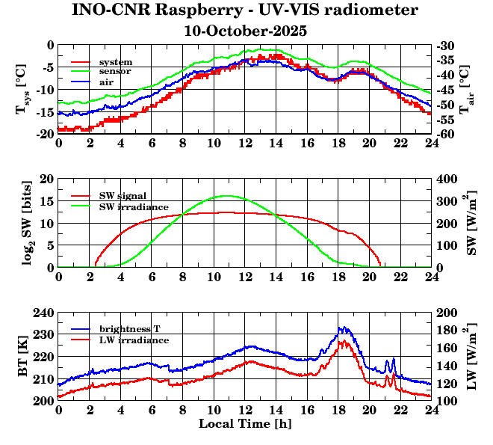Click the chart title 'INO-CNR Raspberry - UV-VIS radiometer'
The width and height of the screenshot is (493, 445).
click(x=246, y=10)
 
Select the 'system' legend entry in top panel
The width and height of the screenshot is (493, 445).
click(x=116, y=61)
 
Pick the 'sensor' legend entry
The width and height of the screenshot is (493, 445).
click(x=116, y=71)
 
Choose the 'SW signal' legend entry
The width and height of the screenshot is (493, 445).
click(x=125, y=195)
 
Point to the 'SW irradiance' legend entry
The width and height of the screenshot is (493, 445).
click(x=134, y=206)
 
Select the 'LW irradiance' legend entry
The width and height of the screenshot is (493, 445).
click(x=134, y=340)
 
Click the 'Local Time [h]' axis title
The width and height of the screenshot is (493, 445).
click(x=244, y=424)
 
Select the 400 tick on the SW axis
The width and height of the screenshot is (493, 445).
click(x=446, y=179)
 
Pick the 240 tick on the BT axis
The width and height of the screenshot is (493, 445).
click(x=45, y=313)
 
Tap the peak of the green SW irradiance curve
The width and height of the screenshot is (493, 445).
click(x=226, y=196)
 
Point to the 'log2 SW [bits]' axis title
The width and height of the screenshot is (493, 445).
click(x=22, y=223)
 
